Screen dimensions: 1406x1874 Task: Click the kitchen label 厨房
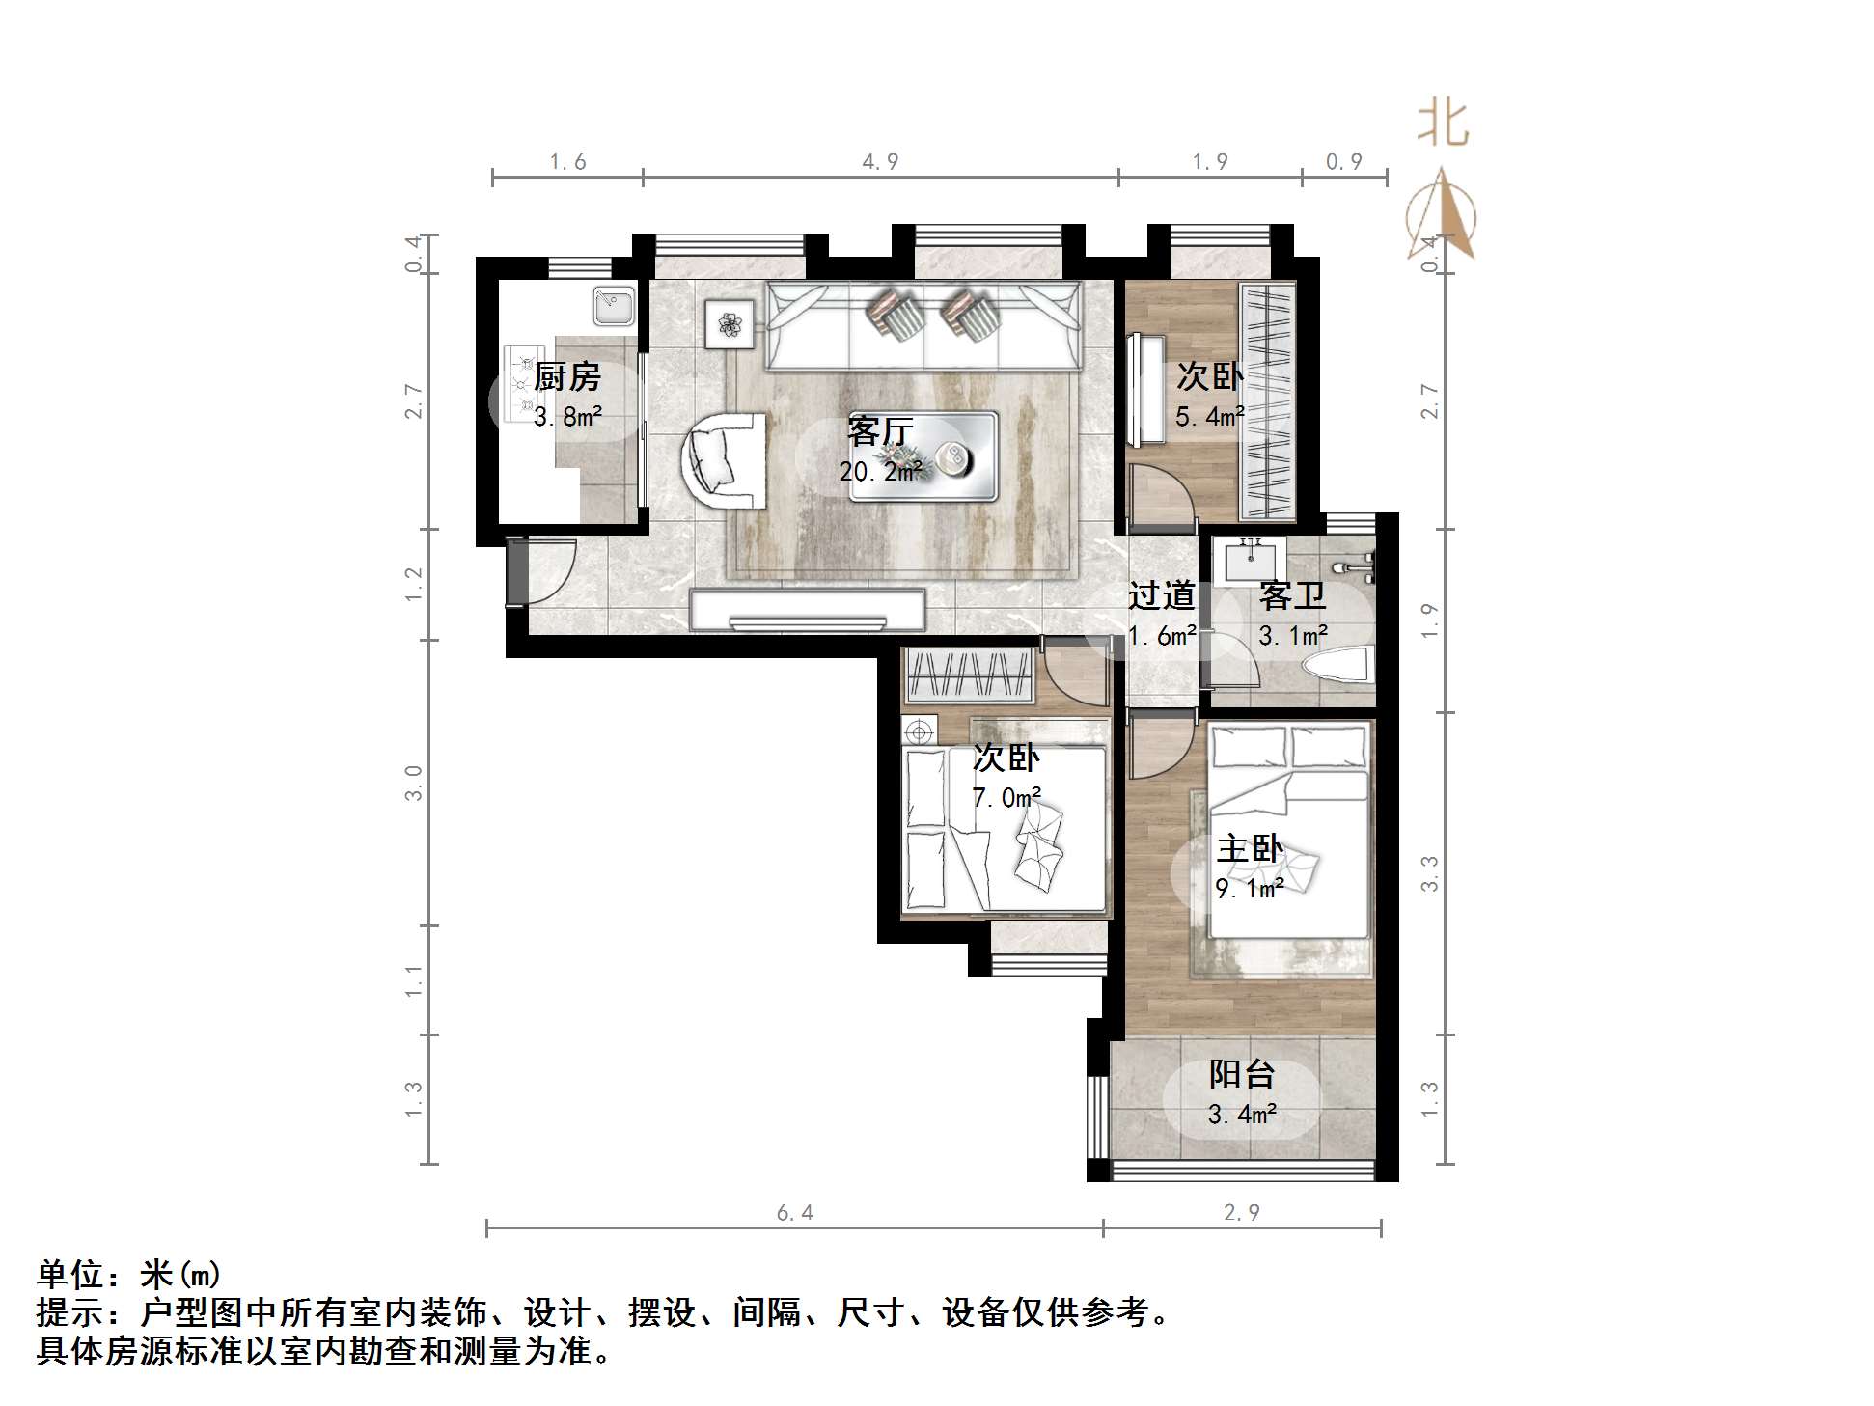point(566,376)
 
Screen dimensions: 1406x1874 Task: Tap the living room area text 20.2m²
point(880,472)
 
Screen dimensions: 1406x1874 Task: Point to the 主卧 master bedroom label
point(1250,849)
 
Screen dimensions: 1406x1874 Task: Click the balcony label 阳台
point(1243,1073)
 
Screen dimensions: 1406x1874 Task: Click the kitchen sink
point(613,306)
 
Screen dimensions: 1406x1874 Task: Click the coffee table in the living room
point(923,455)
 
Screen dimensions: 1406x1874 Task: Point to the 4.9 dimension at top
point(880,162)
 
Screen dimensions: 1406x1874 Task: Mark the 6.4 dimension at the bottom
point(795,1213)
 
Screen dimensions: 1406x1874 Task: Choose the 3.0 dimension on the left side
point(414,783)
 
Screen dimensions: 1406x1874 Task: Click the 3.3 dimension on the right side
point(1430,873)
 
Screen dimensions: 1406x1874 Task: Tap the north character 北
point(1443,124)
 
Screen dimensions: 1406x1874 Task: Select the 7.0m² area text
point(1006,798)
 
